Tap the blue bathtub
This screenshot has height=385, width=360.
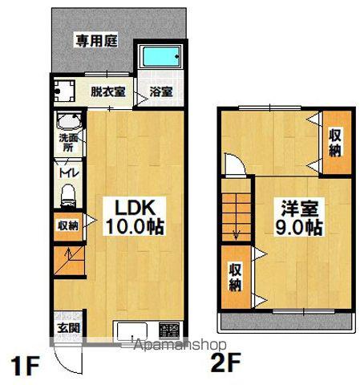tap(160, 59)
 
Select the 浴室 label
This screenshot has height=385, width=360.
tap(161, 93)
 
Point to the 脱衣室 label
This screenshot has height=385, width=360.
tap(107, 93)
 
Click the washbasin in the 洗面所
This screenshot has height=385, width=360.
tap(67, 124)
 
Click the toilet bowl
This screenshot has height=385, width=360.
tap(69, 193)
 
